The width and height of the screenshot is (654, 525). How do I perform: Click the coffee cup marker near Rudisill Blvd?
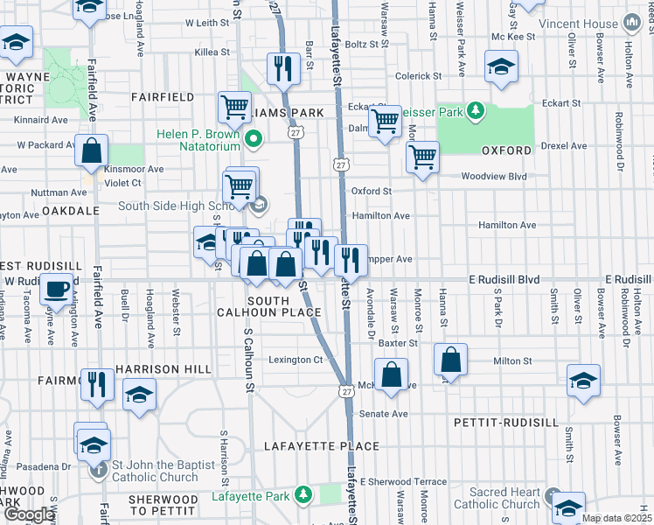58,288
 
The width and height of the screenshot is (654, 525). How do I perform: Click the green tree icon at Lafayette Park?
303,496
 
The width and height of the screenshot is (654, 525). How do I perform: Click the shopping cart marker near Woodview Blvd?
422,157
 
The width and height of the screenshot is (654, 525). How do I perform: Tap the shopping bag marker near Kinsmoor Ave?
92,151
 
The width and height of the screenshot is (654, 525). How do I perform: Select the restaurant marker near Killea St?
282,68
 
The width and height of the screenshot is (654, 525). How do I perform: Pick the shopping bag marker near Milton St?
449,360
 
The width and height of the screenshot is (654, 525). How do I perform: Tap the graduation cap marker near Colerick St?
502,66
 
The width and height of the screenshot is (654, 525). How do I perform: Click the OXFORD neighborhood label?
506,150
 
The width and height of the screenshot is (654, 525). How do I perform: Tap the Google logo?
28,514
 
